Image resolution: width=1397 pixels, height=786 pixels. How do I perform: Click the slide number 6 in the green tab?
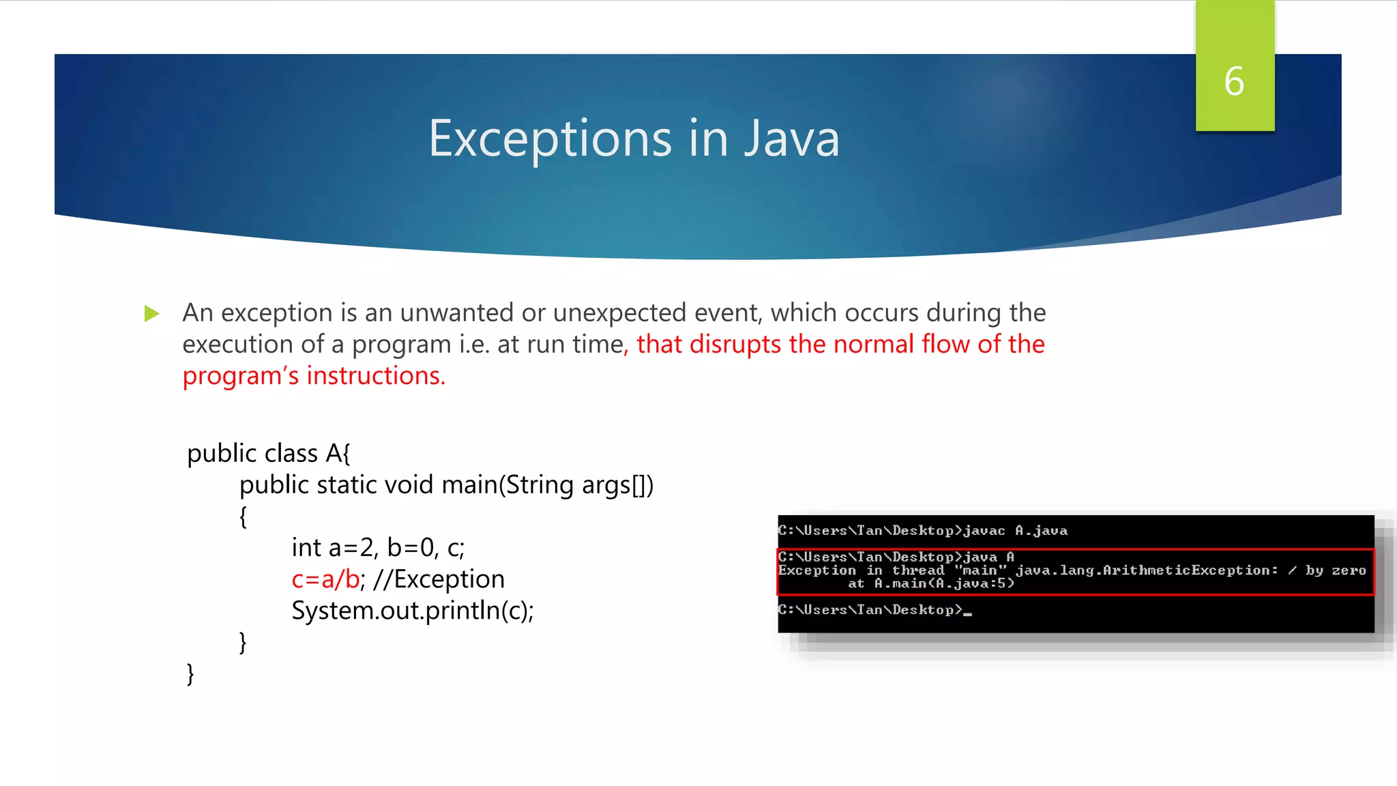tap(1234, 81)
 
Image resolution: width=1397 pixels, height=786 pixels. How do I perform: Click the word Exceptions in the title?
tap(550, 139)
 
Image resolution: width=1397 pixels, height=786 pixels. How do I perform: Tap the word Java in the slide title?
tap(791, 139)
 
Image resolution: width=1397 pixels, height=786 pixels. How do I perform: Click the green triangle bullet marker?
tap(151, 314)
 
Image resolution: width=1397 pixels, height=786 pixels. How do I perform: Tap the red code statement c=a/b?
tap(325, 579)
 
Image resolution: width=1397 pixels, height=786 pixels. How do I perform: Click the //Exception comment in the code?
tap(439, 579)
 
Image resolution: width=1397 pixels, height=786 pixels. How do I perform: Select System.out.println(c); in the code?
tap(413, 611)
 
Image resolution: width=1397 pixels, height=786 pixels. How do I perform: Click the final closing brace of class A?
tap(190, 674)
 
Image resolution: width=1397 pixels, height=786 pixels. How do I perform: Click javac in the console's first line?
tap(984, 531)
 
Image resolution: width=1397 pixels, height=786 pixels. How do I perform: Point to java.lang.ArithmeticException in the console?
tap(1146, 570)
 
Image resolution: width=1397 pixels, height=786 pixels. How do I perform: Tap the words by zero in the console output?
tap(1336, 570)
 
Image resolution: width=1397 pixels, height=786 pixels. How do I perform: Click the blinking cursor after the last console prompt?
tap(968, 613)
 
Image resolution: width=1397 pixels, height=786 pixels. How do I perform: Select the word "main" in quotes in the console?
tap(980, 570)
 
